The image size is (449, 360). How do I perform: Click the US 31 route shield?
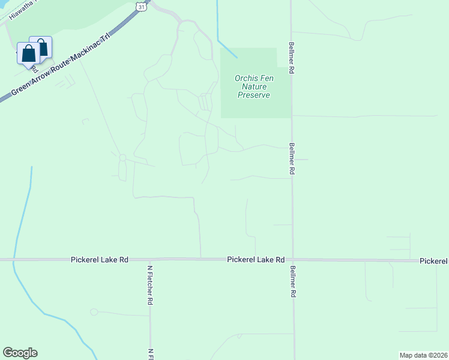tap(140, 5)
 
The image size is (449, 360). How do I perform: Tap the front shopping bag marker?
tap(28, 53)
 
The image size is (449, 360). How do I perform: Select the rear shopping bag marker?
tap(41, 47)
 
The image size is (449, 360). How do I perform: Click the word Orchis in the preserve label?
tap(247, 78)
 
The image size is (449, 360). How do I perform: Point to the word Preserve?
tap(254, 95)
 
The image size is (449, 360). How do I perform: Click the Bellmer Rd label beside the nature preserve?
tap(291, 57)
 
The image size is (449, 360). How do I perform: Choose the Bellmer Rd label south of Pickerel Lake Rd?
tap(293, 282)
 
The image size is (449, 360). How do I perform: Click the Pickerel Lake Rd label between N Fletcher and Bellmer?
tap(256, 260)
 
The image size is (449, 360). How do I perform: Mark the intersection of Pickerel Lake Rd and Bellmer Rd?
tap(293, 260)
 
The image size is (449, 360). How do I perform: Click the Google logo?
tap(20, 353)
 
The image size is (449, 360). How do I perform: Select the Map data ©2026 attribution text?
tap(423, 355)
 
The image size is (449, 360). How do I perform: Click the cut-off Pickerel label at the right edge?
tap(434, 261)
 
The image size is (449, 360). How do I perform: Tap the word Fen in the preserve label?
tap(265, 78)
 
